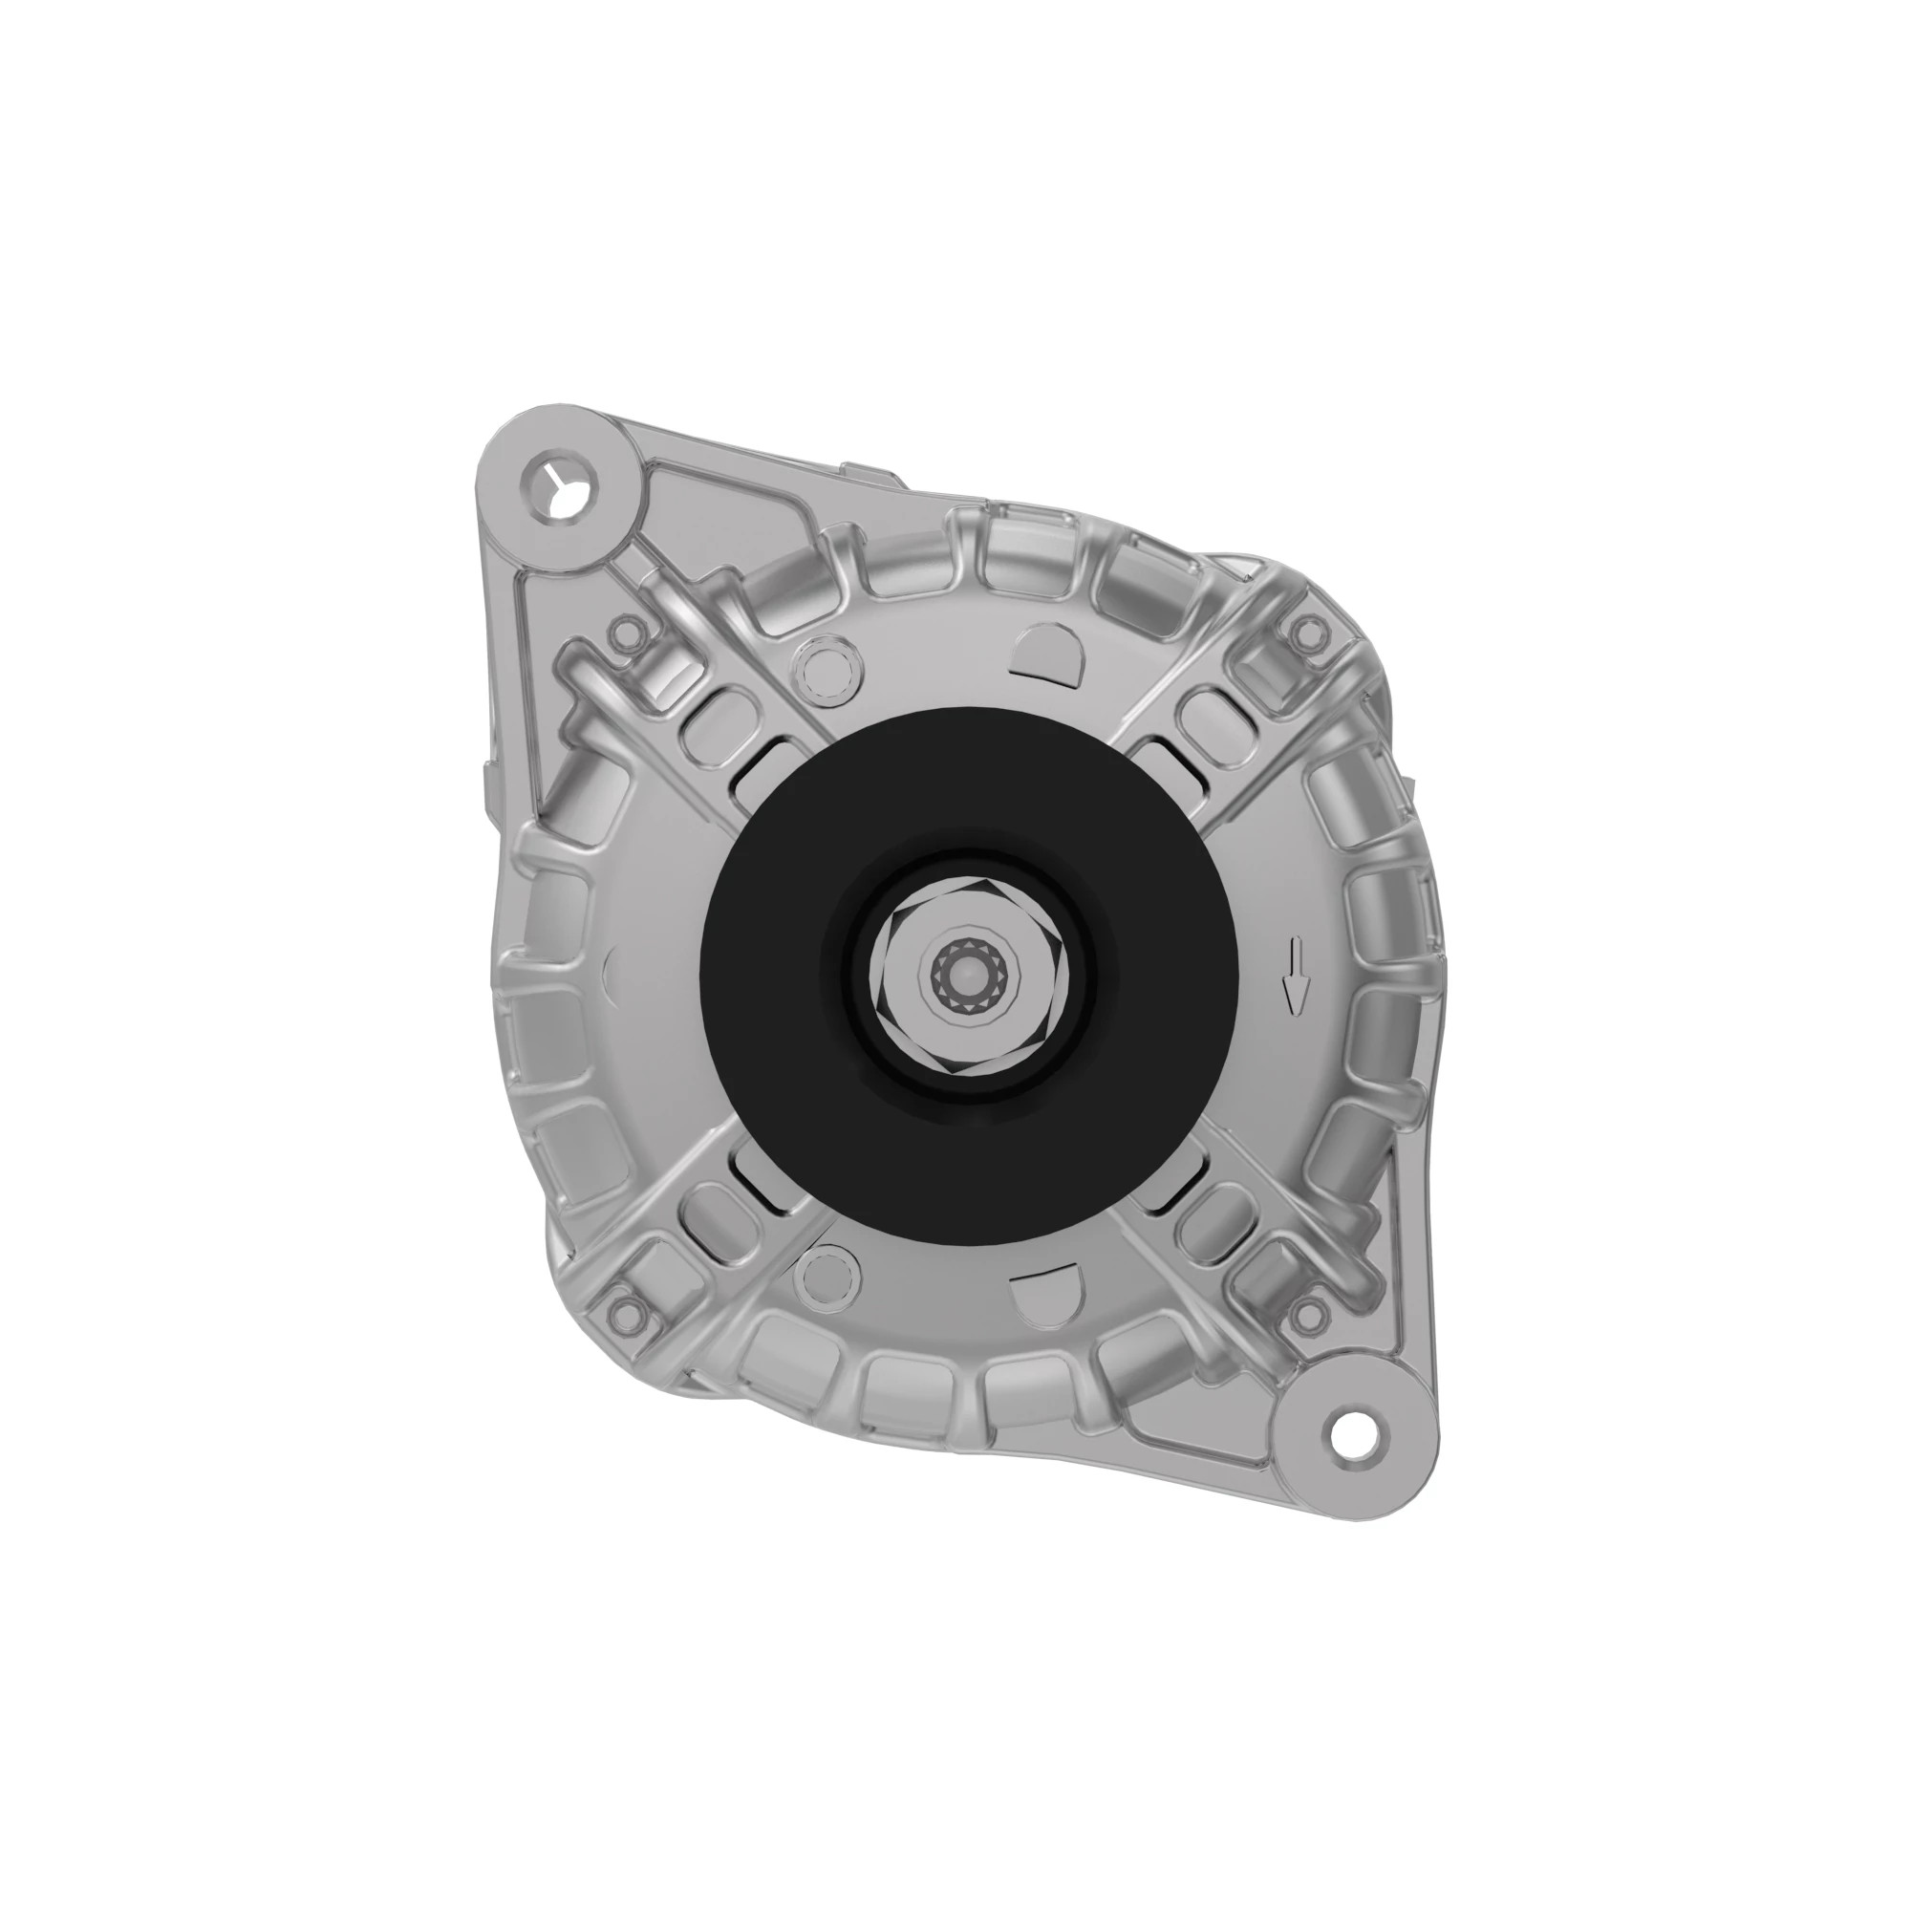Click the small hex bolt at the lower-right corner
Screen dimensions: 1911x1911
point(1312,1314)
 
